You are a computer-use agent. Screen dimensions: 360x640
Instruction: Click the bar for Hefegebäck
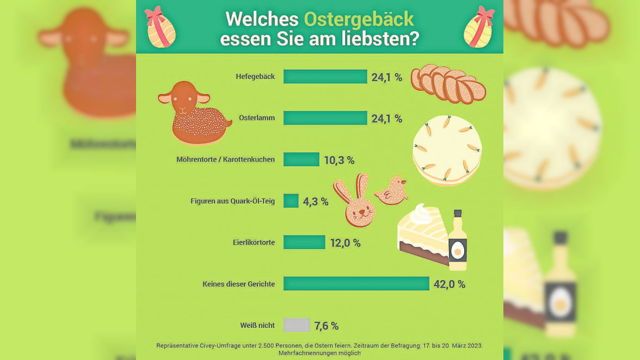coord(325,77)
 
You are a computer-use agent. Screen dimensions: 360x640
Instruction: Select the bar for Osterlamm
coord(325,118)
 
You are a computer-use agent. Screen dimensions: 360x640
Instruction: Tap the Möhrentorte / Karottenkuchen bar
coord(301,159)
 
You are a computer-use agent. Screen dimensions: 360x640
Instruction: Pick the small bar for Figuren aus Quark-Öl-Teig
coord(291,201)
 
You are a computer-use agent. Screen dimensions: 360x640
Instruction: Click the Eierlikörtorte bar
coord(304,243)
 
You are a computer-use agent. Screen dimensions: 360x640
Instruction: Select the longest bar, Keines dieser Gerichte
coord(356,284)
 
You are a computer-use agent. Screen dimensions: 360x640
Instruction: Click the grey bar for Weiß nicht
coord(297,325)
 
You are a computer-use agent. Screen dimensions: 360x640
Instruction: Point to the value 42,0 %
coord(449,284)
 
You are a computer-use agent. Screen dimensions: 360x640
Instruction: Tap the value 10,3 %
coord(339,160)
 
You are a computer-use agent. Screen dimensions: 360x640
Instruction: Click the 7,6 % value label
coord(327,326)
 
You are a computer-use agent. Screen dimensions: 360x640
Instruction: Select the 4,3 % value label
coord(316,202)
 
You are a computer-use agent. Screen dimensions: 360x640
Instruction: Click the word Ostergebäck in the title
coord(359,19)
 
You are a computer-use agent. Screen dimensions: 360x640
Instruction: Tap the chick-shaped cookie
coord(393,191)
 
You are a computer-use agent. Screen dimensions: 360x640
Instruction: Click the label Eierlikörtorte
coord(254,243)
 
